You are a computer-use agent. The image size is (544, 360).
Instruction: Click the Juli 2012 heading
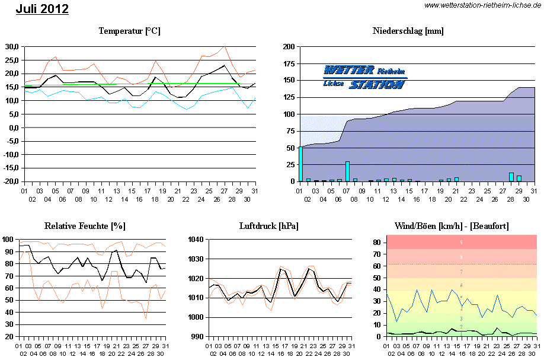point(42,9)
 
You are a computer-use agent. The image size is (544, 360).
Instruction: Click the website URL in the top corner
point(483,5)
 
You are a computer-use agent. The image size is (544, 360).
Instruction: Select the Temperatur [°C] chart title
point(129,31)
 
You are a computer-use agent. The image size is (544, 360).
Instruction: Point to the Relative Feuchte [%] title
point(85,226)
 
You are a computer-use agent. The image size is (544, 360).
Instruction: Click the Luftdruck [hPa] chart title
point(268,226)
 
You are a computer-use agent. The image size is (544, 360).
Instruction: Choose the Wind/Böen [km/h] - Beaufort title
point(451,226)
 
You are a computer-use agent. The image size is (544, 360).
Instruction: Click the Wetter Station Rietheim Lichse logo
point(364,77)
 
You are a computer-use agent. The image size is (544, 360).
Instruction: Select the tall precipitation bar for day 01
point(300,163)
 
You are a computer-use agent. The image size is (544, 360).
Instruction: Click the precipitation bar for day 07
point(347,171)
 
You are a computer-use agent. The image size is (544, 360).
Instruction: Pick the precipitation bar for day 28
point(511,177)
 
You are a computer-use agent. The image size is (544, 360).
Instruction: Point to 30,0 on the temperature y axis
point(11,47)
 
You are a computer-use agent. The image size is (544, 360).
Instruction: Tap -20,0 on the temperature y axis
point(10,181)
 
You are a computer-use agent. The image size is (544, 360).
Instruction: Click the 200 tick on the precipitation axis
point(289,47)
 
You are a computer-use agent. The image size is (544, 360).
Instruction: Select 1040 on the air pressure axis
point(195,240)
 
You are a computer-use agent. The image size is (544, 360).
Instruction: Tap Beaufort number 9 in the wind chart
point(461,242)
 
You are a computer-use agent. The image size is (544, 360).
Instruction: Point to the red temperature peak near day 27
point(224,47)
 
